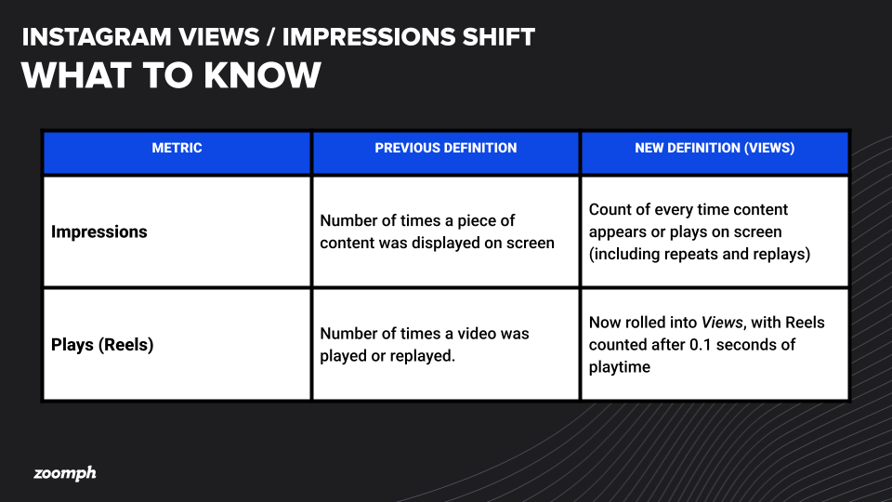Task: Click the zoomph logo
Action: [65, 473]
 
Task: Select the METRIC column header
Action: [177, 148]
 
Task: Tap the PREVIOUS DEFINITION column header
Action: [446, 148]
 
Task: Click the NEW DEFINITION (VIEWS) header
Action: [715, 148]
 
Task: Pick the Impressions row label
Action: [99, 231]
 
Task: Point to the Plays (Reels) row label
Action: [102, 345]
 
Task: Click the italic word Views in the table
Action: [722, 323]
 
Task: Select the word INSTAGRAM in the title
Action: [97, 37]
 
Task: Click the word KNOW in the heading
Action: [262, 75]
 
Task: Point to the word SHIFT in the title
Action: [498, 37]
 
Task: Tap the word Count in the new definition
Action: [610, 209]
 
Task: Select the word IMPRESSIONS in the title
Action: [369, 37]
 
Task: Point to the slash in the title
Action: [270, 37]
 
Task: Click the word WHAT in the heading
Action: [76, 75]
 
